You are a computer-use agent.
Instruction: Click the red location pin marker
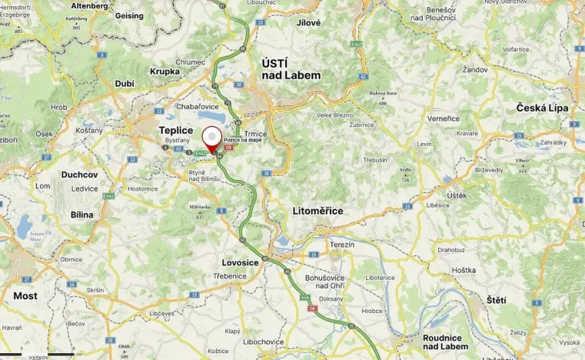[x=212, y=139]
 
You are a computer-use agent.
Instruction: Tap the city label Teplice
[x=175, y=131]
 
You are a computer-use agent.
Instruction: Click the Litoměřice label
[x=317, y=210]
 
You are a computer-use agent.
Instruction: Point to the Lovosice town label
[x=240, y=262]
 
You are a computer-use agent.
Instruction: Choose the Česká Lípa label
[x=542, y=108]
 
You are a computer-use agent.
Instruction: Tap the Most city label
[x=25, y=295]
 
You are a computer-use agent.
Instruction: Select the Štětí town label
[x=497, y=298]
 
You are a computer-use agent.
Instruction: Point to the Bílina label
[x=81, y=215]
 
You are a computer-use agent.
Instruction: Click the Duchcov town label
[x=80, y=175]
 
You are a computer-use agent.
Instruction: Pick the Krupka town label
[x=165, y=72]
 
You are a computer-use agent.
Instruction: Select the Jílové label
[x=308, y=23]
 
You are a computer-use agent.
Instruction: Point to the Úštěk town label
[x=457, y=195]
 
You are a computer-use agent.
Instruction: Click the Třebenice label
[x=230, y=275]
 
